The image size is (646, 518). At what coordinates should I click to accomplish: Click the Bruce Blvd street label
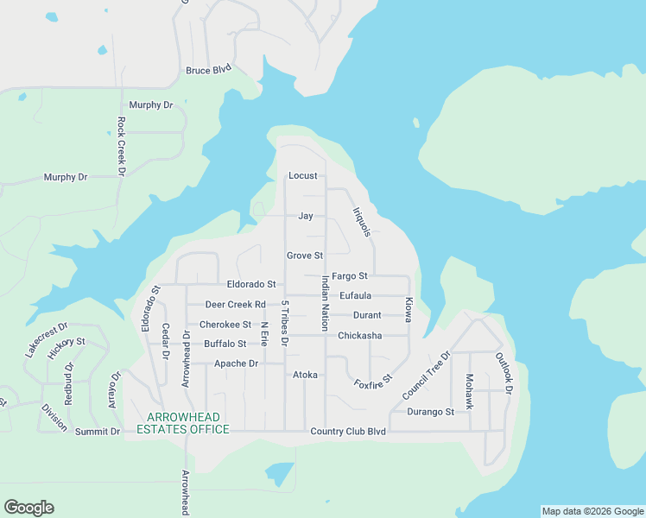click(x=208, y=71)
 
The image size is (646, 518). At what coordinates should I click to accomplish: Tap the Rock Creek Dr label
click(x=122, y=148)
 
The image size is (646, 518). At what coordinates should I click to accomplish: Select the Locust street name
click(x=303, y=176)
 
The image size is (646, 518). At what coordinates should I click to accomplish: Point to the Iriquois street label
click(x=362, y=222)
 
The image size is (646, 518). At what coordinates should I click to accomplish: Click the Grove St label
click(x=305, y=256)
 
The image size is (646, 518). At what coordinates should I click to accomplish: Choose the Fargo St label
click(x=350, y=276)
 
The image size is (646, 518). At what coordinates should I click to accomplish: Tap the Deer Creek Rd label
click(x=235, y=305)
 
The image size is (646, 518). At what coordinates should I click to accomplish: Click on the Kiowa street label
click(x=409, y=311)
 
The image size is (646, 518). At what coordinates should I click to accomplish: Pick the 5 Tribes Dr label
click(x=284, y=323)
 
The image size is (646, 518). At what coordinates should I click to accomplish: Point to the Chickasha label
click(x=360, y=336)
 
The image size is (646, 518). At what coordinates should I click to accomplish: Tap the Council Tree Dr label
click(x=426, y=375)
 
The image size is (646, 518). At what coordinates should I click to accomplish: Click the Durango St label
click(x=430, y=412)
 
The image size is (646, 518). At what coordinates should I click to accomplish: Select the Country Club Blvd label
click(x=347, y=431)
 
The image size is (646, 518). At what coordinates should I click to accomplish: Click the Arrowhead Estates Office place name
click(x=182, y=423)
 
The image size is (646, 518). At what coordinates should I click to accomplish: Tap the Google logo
click(x=29, y=508)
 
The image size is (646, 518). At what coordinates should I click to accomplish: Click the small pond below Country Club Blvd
click(x=279, y=473)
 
